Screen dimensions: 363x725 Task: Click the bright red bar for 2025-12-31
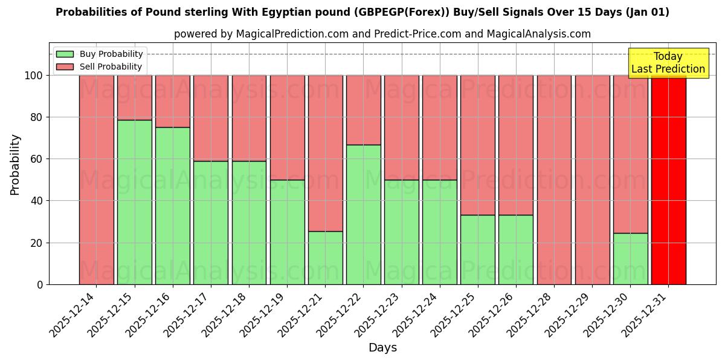click(x=668, y=180)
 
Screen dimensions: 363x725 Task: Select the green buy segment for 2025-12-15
click(x=134, y=202)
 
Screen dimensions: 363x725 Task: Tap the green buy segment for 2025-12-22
click(x=363, y=214)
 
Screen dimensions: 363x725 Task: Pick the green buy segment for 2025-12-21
click(x=325, y=258)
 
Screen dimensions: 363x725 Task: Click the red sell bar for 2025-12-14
click(x=96, y=180)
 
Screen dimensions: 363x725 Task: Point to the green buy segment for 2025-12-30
click(x=630, y=258)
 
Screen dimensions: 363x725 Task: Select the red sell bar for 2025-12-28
click(x=554, y=180)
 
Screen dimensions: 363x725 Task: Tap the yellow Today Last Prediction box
click(x=668, y=63)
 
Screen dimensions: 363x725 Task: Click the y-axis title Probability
click(x=15, y=165)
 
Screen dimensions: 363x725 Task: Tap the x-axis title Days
click(x=382, y=348)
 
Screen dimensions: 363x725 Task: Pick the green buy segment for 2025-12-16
click(x=172, y=206)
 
